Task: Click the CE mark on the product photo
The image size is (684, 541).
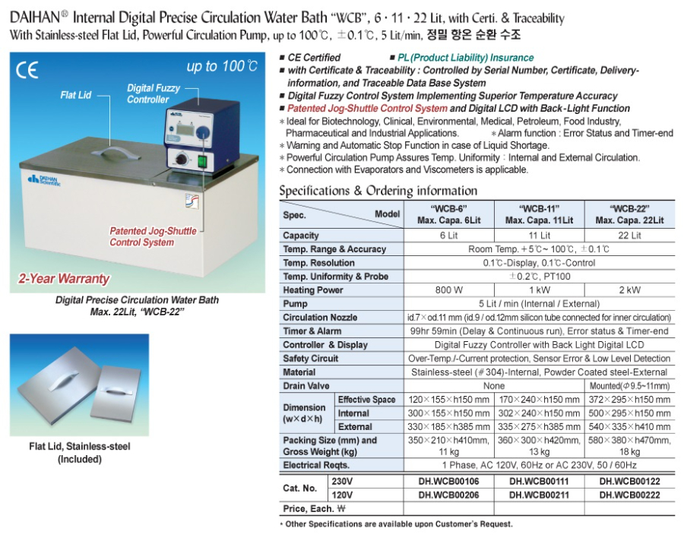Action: coord(27,71)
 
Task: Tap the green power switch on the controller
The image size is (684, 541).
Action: coord(202,160)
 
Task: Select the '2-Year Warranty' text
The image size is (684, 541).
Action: coord(62,278)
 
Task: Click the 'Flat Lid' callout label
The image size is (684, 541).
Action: coord(76,95)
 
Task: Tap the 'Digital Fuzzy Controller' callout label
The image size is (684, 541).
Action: coord(154,93)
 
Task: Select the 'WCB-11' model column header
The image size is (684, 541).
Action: coord(540,214)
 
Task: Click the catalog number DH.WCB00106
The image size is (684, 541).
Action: coord(448,482)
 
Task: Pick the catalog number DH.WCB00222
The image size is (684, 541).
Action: coord(629,495)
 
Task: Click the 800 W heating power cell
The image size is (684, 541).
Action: coord(448,290)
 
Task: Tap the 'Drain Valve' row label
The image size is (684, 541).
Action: coord(306,386)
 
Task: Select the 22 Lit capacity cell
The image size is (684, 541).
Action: coord(629,236)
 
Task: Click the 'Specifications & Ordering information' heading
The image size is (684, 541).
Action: coord(378,191)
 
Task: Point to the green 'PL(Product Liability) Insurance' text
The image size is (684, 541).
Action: coord(465,58)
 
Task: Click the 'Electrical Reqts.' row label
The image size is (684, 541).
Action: coord(316,465)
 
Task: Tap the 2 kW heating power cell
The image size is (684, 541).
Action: coord(629,290)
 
